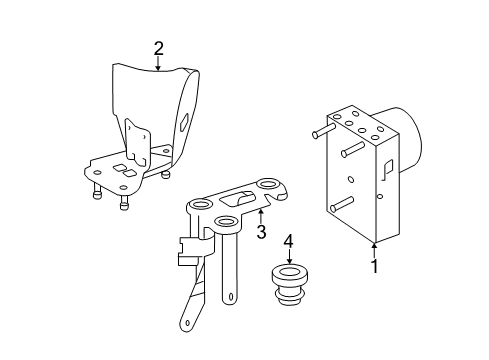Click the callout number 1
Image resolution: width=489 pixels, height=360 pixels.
tap(375, 266)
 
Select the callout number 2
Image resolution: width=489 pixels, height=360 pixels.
tap(159, 49)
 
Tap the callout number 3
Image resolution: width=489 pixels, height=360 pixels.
tap(261, 232)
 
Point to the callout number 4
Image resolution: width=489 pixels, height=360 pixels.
tap(289, 241)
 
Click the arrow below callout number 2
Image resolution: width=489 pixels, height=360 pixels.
tap(158, 64)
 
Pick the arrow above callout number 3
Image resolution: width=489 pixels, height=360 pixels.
tap(261, 216)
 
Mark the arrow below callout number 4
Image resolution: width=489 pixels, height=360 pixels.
tap(289, 256)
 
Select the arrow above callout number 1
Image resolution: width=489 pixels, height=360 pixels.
tap(375, 251)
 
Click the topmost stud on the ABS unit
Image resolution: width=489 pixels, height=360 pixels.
tap(323, 130)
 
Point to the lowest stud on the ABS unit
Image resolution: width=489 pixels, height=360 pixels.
tap(341, 204)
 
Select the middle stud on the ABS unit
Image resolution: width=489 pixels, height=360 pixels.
tap(352, 149)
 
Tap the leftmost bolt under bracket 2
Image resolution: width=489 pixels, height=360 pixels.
tap(97, 191)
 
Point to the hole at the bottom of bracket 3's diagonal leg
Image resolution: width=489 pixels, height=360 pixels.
tap(187, 323)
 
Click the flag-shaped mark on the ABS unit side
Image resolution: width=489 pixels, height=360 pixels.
tap(388, 169)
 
